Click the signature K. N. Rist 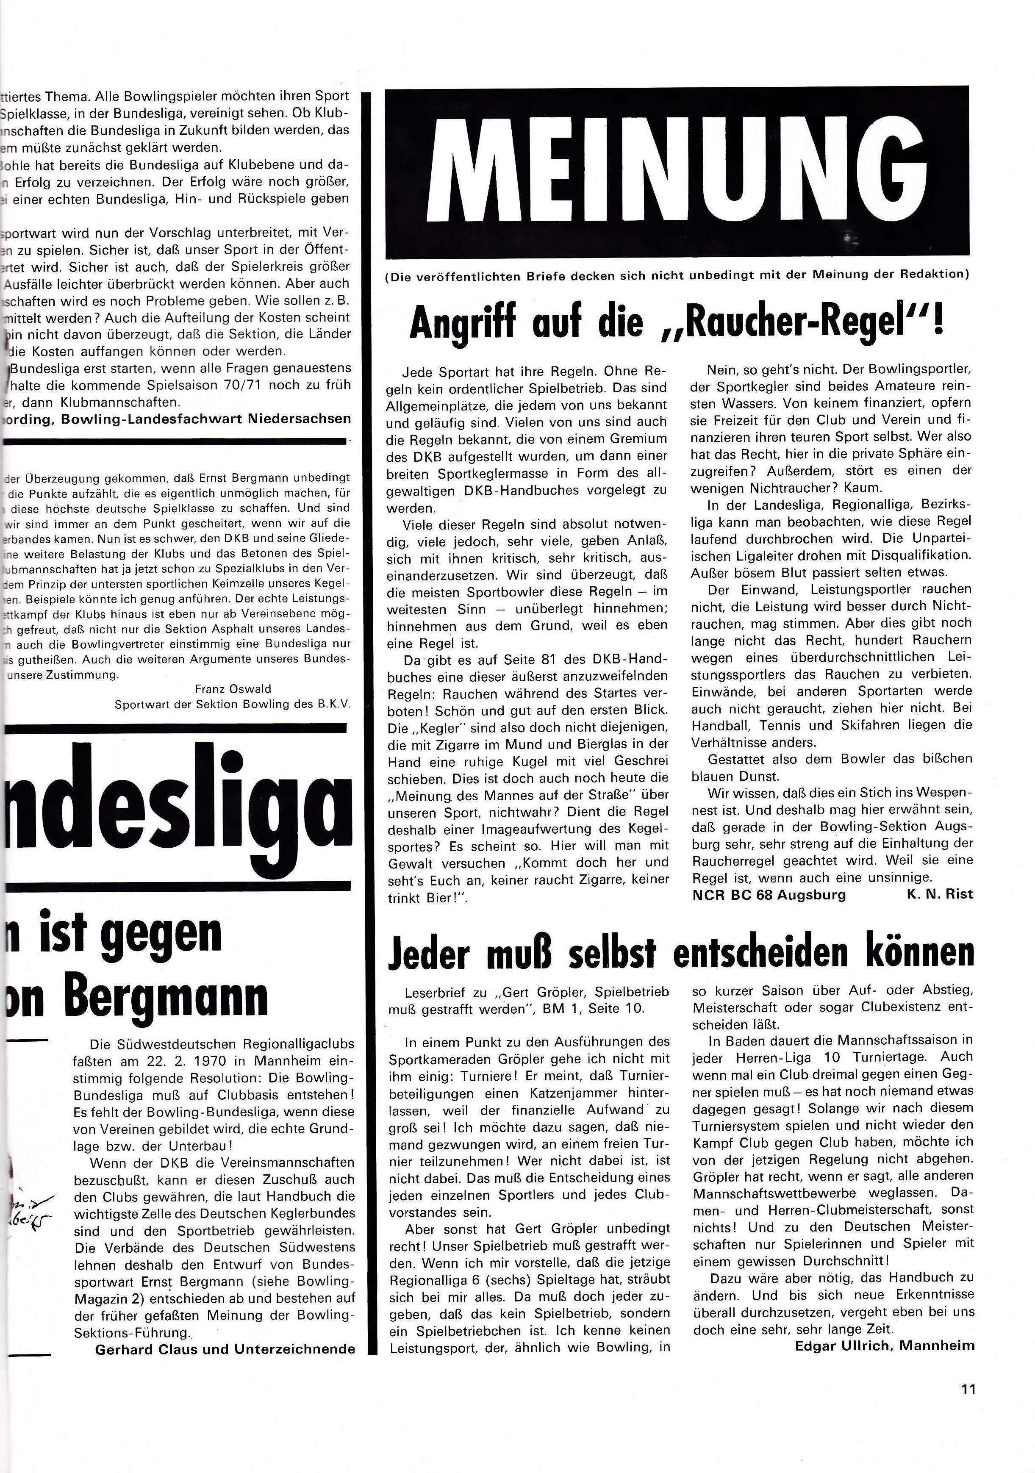pyautogui.click(x=939, y=894)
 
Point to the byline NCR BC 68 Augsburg pyautogui.click(x=769, y=894)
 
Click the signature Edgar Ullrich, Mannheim pyautogui.click(x=884, y=1345)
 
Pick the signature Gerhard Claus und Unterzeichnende pyautogui.click(x=225, y=1349)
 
